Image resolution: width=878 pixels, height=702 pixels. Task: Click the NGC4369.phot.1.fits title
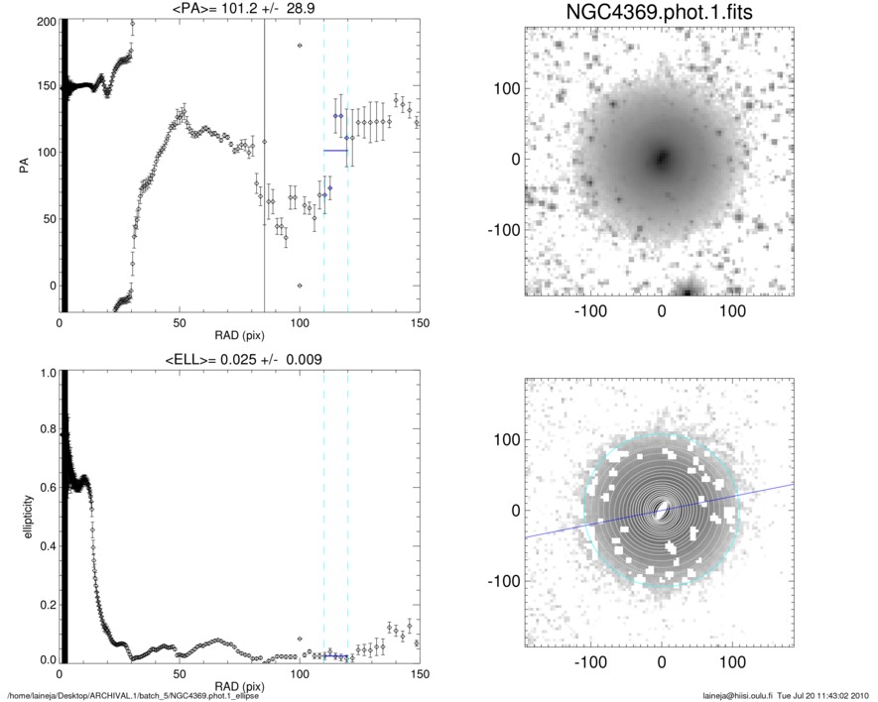coord(662,15)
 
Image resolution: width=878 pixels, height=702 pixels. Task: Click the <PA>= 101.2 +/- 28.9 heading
coord(239,11)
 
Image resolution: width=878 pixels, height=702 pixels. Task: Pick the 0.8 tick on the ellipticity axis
coord(44,431)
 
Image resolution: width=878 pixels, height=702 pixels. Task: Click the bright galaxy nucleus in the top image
coord(661,158)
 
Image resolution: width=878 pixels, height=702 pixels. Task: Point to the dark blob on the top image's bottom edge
coord(687,290)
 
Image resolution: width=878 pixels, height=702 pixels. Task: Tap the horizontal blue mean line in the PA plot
coord(335,151)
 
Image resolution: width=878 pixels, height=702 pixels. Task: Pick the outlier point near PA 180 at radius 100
coord(300,46)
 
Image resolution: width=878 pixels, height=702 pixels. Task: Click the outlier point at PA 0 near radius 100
coord(300,286)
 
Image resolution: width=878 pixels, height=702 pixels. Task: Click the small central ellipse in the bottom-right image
coord(661,510)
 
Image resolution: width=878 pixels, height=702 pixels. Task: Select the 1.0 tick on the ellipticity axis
coord(44,374)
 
